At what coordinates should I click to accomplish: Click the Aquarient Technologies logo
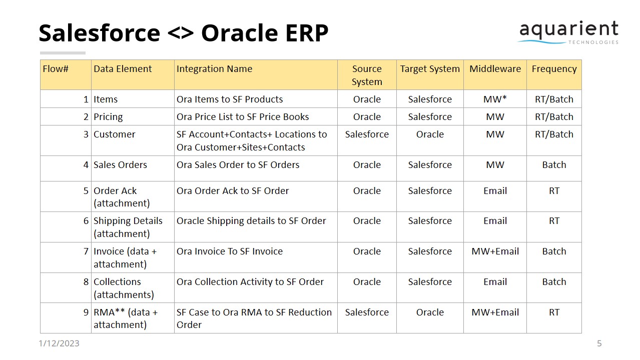(x=568, y=33)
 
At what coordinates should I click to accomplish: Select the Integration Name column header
(x=214, y=69)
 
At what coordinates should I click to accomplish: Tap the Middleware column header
(x=495, y=69)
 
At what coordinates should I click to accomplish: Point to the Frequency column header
(x=554, y=69)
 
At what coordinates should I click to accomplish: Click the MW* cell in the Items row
(x=495, y=99)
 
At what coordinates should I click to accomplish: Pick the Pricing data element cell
(x=108, y=116)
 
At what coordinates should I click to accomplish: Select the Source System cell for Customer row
(x=367, y=134)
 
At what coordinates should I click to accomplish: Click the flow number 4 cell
(x=86, y=164)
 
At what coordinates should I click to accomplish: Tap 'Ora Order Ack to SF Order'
(x=233, y=190)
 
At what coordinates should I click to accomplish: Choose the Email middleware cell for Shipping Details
(x=495, y=220)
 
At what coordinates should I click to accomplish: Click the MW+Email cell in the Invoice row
(x=495, y=251)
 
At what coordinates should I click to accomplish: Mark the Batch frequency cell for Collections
(x=554, y=281)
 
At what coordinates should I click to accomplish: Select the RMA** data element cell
(x=126, y=318)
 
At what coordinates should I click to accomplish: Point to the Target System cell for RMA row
(x=430, y=312)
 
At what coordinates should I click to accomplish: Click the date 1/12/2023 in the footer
(x=59, y=343)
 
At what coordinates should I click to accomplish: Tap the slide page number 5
(x=599, y=343)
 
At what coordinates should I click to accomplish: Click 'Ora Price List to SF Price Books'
(x=243, y=116)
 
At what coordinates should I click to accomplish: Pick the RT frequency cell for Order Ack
(x=554, y=190)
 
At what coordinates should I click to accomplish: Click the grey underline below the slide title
(x=63, y=52)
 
